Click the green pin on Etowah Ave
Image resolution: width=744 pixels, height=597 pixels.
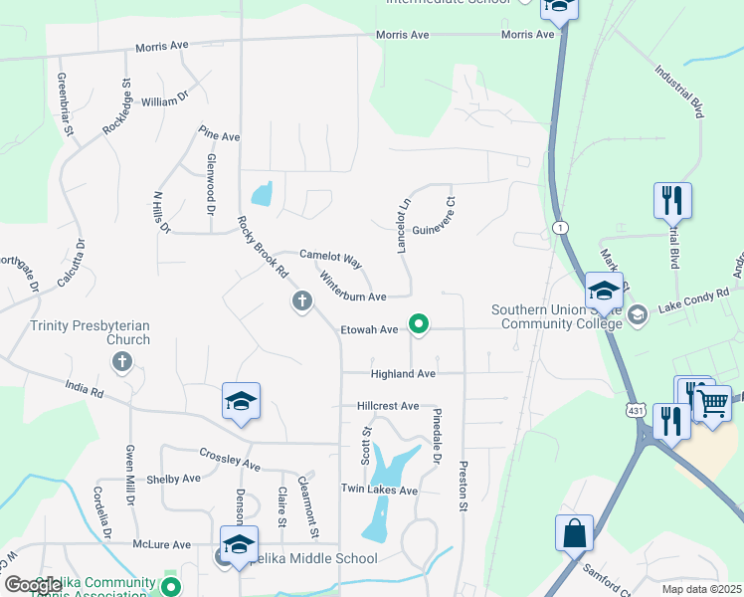point(420,323)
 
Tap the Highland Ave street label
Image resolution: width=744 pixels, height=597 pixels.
point(403,374)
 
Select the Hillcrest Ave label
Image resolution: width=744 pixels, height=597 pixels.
point(389,407)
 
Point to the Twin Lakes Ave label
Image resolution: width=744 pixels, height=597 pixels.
point(379,491)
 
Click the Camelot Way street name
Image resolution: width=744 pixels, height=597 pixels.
point(331,258)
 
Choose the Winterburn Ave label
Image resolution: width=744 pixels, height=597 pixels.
point(352,297)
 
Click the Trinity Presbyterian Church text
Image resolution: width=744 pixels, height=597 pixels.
point(90,332)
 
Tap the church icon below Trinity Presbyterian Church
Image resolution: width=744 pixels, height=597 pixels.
point(121,361)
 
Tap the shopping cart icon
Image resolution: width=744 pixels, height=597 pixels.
point(712,403)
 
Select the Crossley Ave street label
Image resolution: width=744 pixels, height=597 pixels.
point(230,465)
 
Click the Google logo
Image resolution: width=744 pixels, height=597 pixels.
point(34,585)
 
